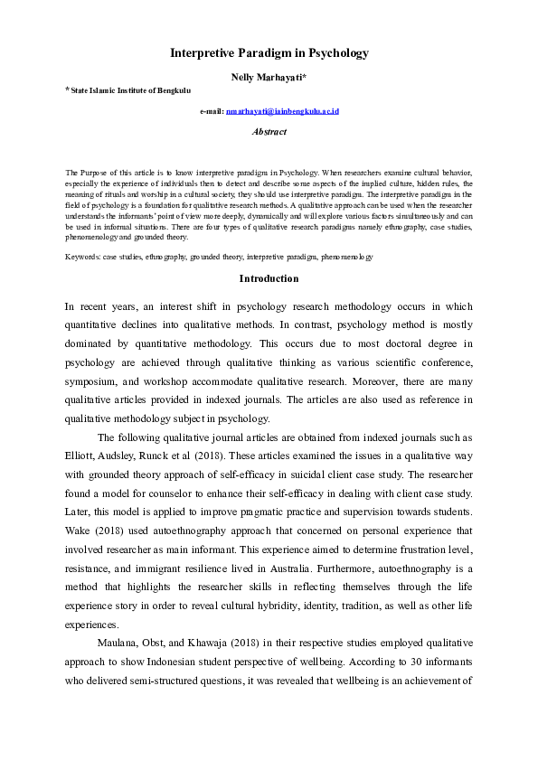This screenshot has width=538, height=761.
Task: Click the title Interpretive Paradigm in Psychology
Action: tap(269, 53)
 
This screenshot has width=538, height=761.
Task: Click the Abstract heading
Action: tap(269, 132)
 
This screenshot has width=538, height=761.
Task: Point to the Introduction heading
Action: tap(269, 279)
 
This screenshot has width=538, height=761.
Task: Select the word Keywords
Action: tap(82, 258)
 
